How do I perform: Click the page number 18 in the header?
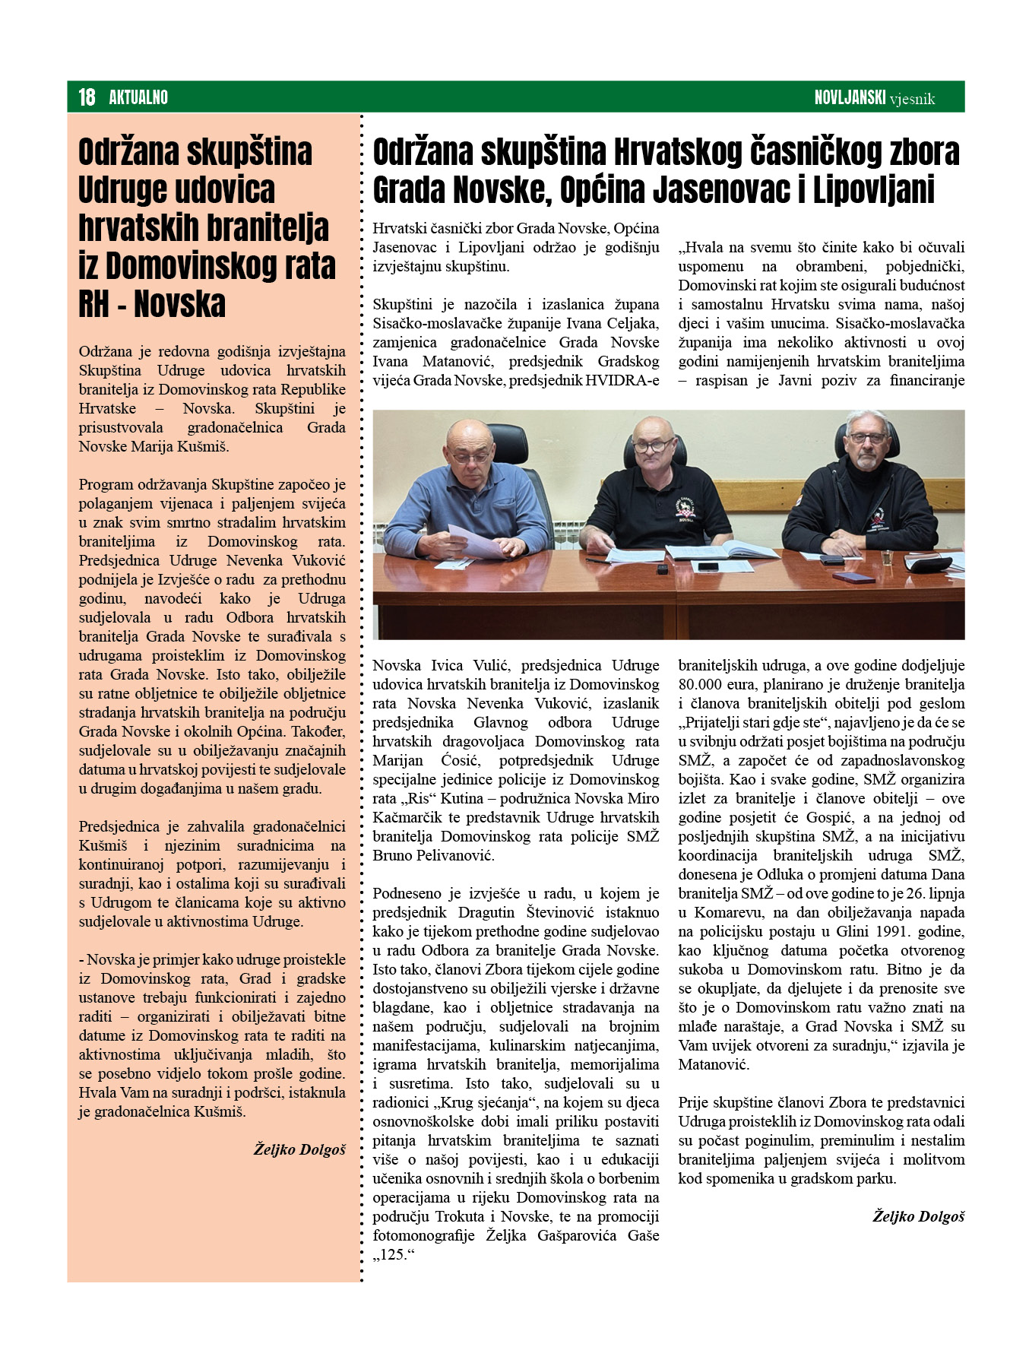87,97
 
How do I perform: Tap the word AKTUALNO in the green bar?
138,97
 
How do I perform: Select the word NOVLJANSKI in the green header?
850,97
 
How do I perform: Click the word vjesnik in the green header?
912,99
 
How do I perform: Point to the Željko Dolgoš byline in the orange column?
299,1149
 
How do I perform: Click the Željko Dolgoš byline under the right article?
918,1216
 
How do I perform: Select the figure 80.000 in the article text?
701,684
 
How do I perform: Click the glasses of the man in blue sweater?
470,456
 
